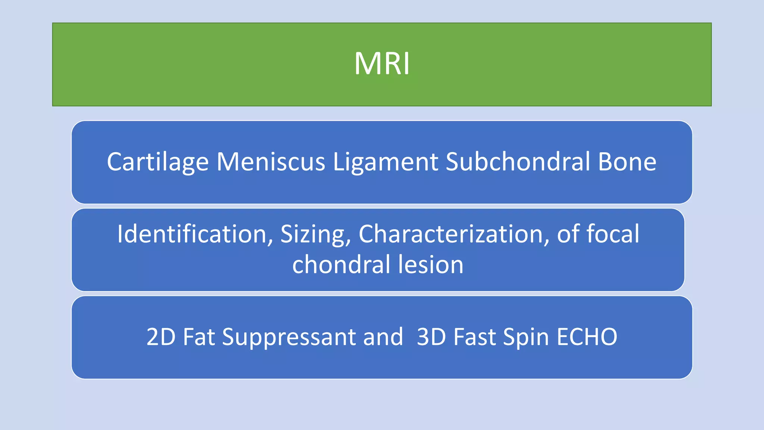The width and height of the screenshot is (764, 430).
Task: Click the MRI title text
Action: click(x=382, y=64)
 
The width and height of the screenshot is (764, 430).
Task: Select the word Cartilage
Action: click(x=157, y=162)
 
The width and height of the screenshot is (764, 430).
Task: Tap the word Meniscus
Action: click(x=271, y=162)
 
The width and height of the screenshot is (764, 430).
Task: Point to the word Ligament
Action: click(x=385, y=162)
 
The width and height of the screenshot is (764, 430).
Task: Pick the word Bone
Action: click(x=627, y=162)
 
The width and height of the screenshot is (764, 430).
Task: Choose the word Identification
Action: click(x=191, y=234)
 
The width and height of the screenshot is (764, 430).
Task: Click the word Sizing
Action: click(x=316, y=234)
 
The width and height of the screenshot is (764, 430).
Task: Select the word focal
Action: click(x=613, y=234)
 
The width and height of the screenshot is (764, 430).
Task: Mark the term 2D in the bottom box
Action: click(x=161, y=337)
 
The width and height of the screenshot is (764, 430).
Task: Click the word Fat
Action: click(x=199, y=337)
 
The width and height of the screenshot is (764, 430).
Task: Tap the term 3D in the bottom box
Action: click(x=431, y=337)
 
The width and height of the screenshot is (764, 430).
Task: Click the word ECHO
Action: click(x=587, y=337)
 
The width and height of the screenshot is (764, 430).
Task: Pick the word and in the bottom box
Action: click(x=383, y=337)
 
